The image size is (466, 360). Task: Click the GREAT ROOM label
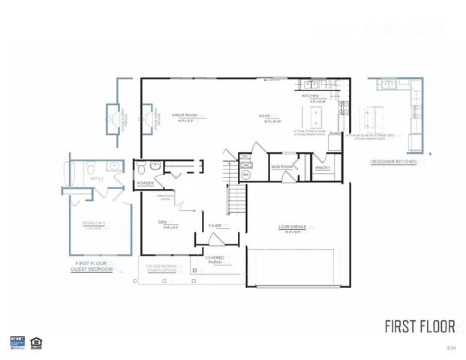pos(184,115)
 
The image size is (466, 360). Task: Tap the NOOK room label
pos(264,115)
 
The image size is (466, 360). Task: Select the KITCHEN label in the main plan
pos(311,97)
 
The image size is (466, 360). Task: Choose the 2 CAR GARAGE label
pos(289,228)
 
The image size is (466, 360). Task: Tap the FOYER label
pos(215,225)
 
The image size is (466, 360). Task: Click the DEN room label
pos(162,222)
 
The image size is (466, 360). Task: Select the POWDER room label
pos(146,183)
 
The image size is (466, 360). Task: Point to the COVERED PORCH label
pos(215,260)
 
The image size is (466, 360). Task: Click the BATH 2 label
pos(96,179)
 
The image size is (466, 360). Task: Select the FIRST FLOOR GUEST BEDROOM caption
pos(92,266)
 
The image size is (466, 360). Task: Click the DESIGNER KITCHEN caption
pos(394,162)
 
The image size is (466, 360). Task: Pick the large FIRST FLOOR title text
pos(419,326)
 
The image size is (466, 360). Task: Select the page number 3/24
pos(450,348)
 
